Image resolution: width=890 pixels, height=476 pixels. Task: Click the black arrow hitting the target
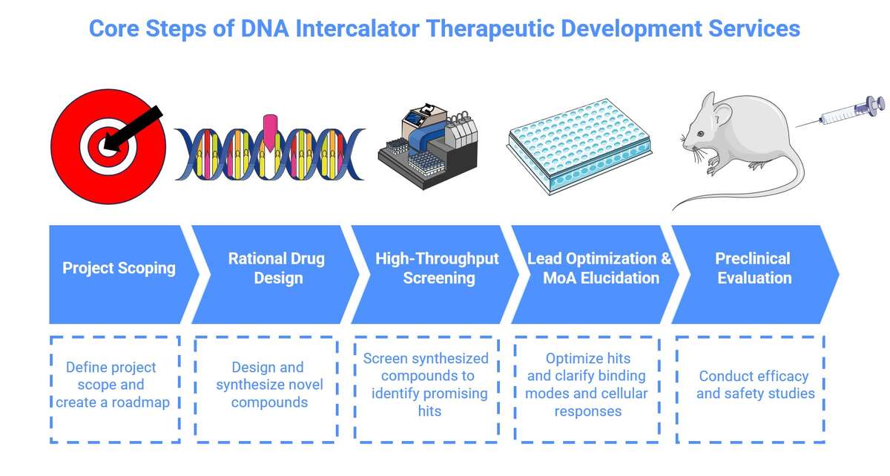(137, 128)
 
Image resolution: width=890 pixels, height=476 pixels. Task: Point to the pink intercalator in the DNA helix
(270, 128)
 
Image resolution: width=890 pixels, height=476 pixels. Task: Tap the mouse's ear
(708, 104)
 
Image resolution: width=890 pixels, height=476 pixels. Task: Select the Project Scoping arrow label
(119, 268)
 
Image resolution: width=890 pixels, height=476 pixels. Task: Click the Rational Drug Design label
(276, 268)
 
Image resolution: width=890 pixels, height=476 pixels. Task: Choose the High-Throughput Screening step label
(438, 268)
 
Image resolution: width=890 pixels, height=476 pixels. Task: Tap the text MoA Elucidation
(601, 278)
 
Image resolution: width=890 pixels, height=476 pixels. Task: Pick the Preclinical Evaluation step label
(753, 268)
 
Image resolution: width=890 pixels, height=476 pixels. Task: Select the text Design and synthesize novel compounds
(268, 385)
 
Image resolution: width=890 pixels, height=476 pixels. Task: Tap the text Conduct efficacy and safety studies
(755, 385)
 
